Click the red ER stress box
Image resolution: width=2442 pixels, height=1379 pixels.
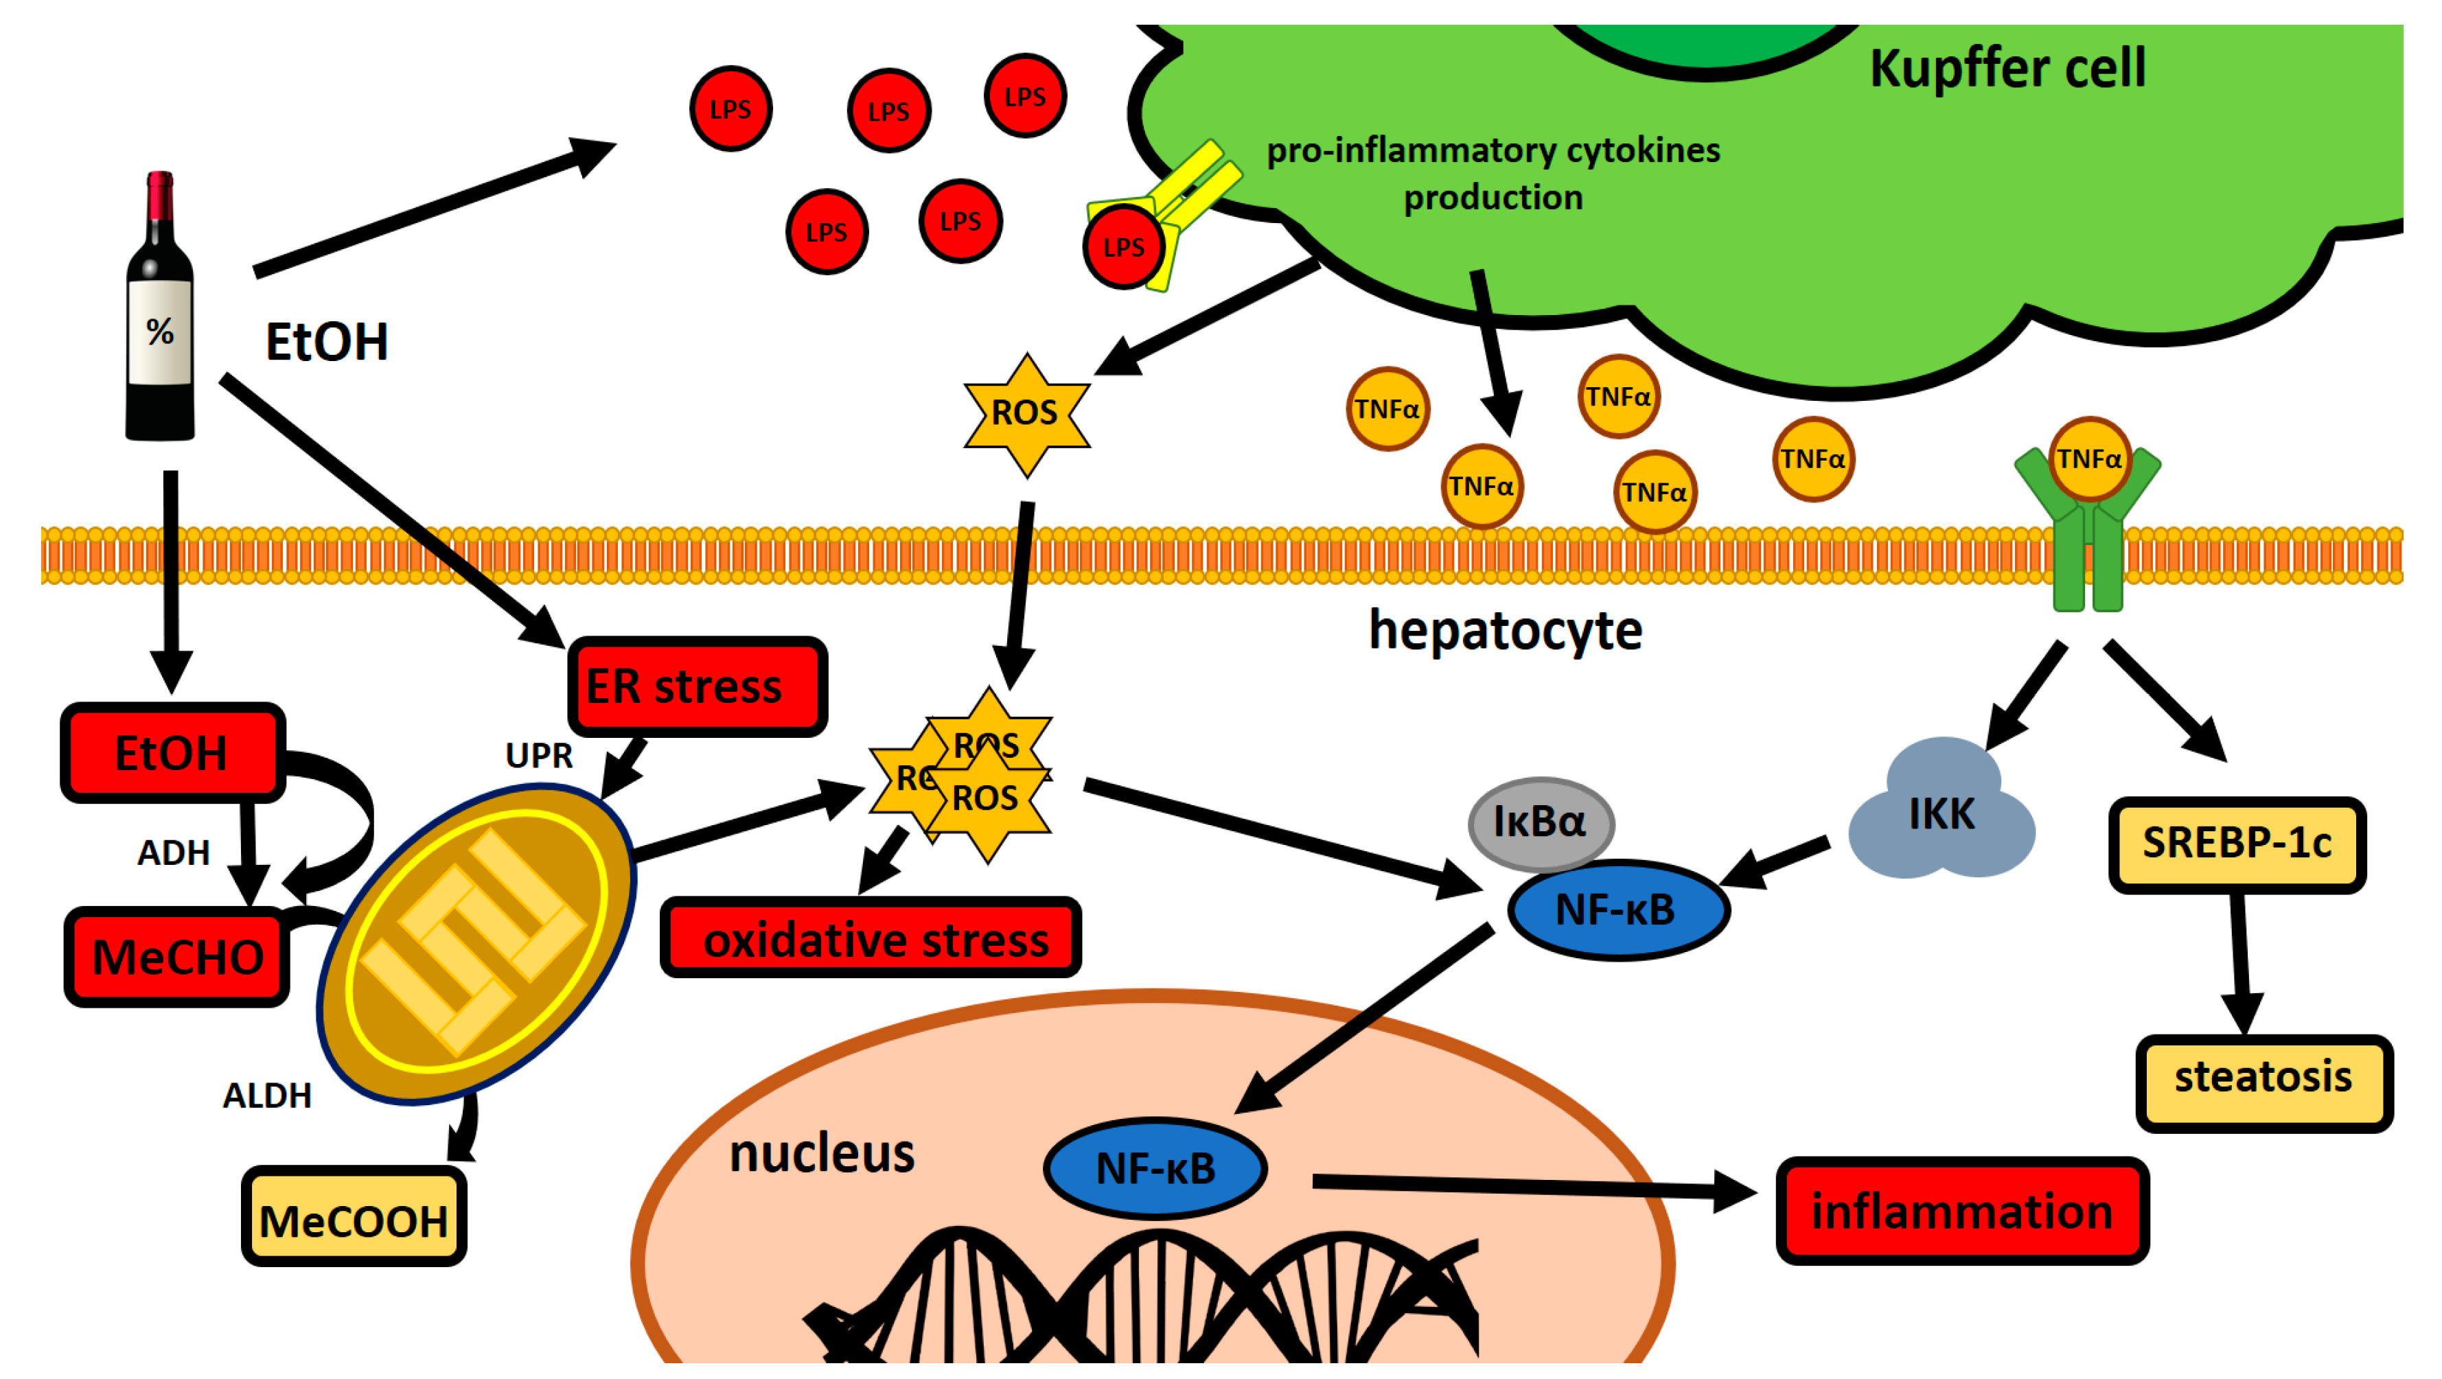coord(697,686)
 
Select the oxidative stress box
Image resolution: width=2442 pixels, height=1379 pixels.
coord(871,938)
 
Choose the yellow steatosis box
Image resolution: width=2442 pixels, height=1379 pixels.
coord(2263,1082)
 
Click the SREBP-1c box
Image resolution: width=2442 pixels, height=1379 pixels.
coord(2236,844)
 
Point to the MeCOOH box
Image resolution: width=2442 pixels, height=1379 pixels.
coord(354,1217)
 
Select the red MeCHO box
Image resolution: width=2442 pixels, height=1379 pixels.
coord(177,956)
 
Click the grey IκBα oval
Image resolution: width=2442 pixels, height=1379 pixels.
coord(1541,822)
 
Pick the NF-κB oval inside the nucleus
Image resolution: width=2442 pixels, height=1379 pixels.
coord(1155,1168)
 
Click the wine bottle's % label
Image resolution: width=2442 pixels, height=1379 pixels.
coord(159,331)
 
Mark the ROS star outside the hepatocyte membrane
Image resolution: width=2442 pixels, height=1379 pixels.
coord(1026,414)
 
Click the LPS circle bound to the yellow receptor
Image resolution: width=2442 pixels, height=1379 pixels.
coord(1123,246)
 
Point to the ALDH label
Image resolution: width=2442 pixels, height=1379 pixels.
coord(266,1096)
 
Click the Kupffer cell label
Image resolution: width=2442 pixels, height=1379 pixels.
coord(2007,68)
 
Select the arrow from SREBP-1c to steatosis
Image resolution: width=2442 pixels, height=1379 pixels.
coord(2241,964)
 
